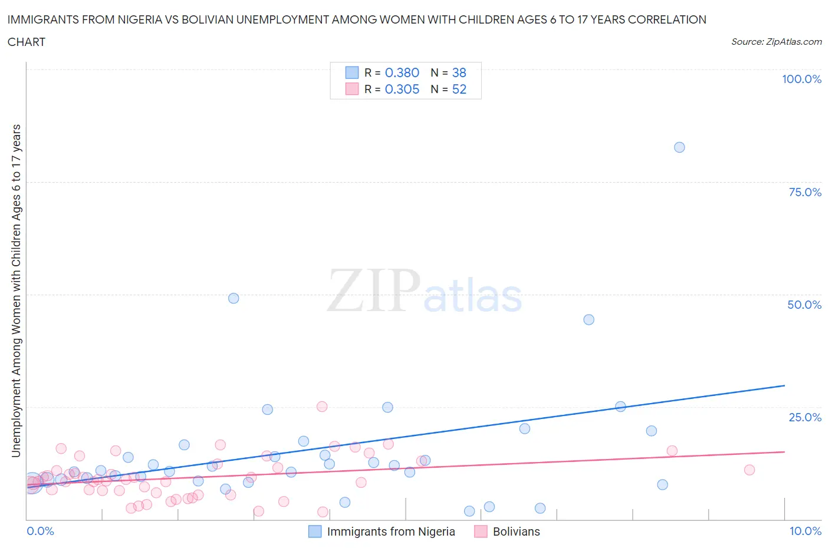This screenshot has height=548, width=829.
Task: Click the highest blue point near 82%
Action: pos(679,147)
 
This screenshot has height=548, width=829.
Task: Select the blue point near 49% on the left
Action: pos(233,298)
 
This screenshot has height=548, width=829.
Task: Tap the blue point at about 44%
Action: pos(588,319)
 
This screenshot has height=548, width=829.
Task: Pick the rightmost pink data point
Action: pos(749,470)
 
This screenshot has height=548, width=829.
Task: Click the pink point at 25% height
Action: pos(322,407)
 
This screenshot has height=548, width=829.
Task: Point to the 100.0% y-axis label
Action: pos(801,79)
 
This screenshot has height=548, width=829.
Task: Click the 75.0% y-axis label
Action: pos(805,192)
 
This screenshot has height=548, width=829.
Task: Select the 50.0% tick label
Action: pos(804,305)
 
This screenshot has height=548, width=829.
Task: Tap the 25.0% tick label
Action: pos(805,417)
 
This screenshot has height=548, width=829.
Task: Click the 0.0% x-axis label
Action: pos(40,531)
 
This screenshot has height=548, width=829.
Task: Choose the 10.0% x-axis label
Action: pos(805,531)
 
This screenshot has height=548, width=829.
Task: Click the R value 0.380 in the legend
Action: pos(402,72)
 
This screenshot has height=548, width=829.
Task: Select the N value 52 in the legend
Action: pos(459,89)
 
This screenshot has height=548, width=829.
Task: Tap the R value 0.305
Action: pos(402,89)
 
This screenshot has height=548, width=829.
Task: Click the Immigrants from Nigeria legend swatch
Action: pos(315,532)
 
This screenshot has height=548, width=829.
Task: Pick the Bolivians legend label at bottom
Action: pos(516,532)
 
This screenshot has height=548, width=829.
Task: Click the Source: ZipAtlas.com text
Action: pos(776,41)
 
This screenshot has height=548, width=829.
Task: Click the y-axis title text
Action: pos(16,290)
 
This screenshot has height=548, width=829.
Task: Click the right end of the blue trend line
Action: pos(784,385)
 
